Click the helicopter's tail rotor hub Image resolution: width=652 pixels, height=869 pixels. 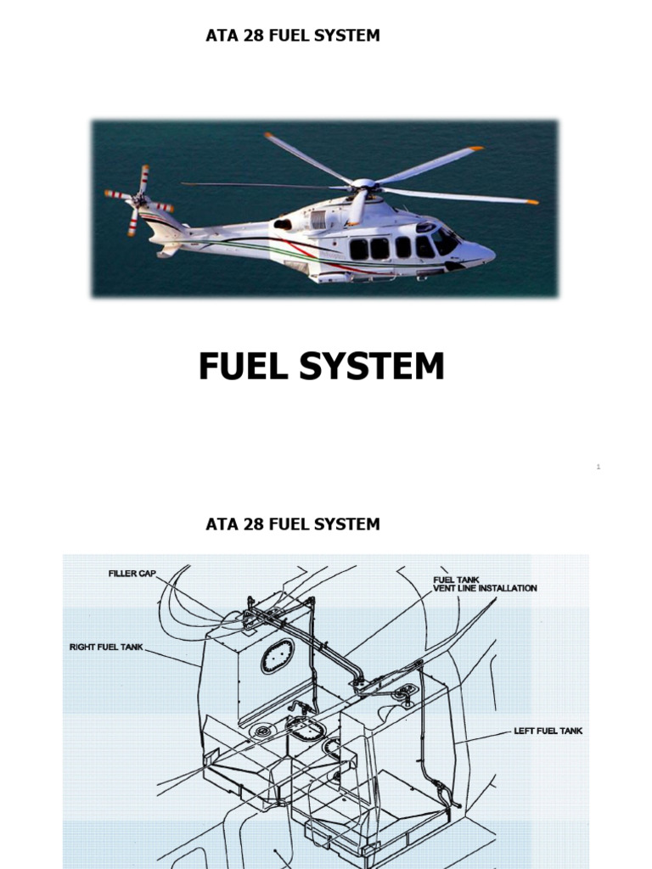139,202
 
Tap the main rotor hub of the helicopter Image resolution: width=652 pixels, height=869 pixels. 363,184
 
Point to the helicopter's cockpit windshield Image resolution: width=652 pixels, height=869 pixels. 444,241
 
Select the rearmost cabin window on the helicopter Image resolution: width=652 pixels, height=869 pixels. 359,249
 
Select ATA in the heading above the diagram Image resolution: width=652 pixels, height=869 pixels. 220,524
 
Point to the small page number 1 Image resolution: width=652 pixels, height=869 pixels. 599,467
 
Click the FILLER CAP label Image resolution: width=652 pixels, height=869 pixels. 132,574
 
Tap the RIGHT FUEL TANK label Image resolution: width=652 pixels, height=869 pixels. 107,648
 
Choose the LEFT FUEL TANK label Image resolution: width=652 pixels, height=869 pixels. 548,731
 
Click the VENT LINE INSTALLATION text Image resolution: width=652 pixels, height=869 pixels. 485,588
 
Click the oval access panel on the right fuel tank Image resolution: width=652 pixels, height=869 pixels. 277,656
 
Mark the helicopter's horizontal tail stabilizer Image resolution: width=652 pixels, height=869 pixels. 168,250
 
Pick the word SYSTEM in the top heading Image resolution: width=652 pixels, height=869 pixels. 347,36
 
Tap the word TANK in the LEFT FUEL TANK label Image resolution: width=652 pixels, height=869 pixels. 569,731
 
